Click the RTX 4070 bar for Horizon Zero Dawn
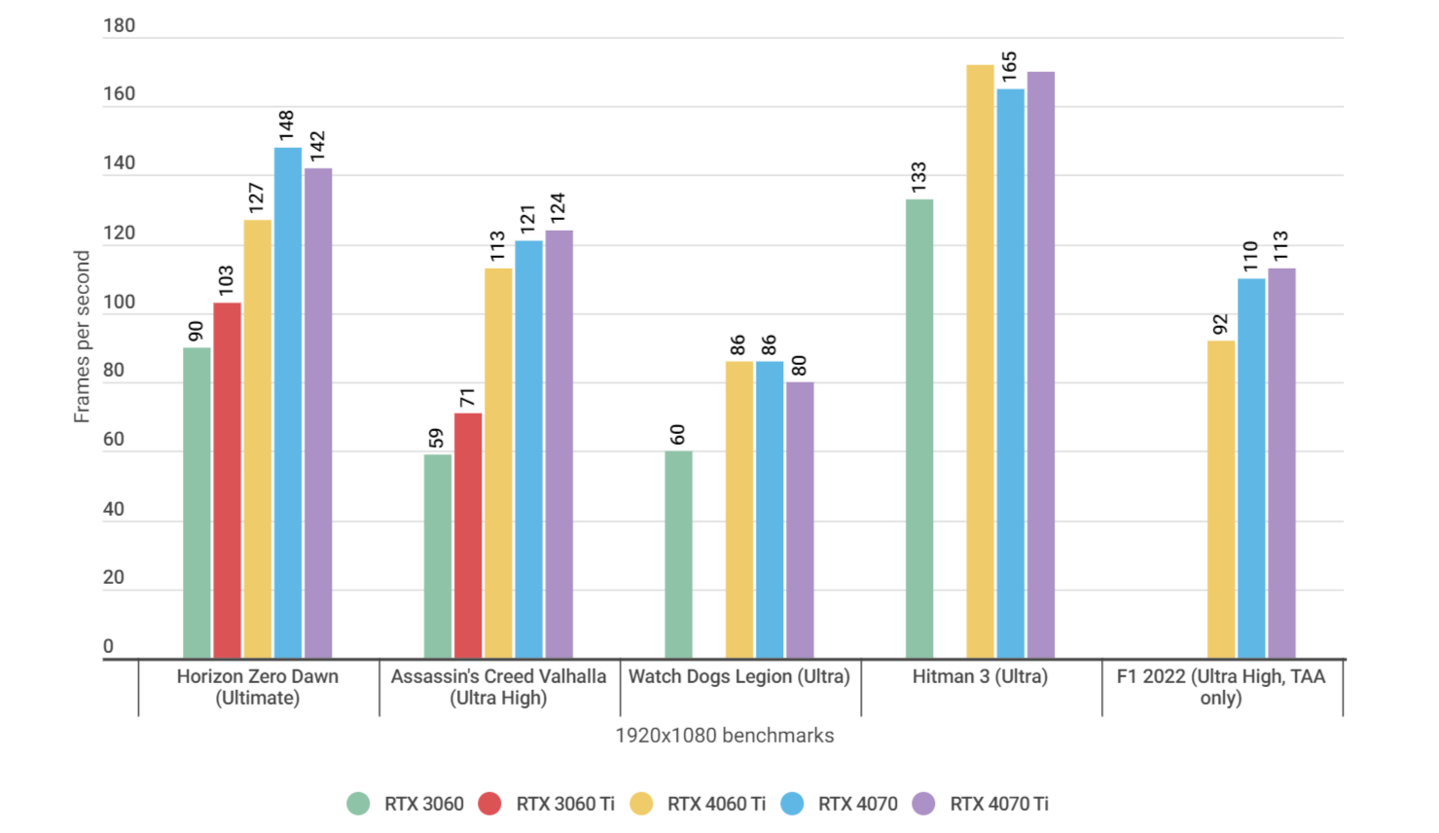click(x=288, y=403)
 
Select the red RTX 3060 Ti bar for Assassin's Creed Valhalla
click(x=468, y=535)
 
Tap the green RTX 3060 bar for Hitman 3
click(x=919, y=428)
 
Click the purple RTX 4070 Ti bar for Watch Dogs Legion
click(x=800, y=520)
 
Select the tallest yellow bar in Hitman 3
click(x=980, y=361)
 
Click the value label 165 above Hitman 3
click(x=1009, y=67)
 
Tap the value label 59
click(x=436, y=438)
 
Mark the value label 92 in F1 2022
click(x=1220, y=325)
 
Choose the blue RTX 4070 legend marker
click(x=792, y=804)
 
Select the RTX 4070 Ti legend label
click(x=998, y=804)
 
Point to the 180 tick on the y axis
click(x=120, y=26)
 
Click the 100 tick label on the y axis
click(x=120, y=302)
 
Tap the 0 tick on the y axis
click(x=108, y=646)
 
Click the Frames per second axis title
click(x=82, y=337)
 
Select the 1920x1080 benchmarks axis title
click(x=724, y=736)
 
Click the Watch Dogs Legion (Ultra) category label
click(x=739, y=676)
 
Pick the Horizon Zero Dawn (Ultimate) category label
click(x=258, y=687)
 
